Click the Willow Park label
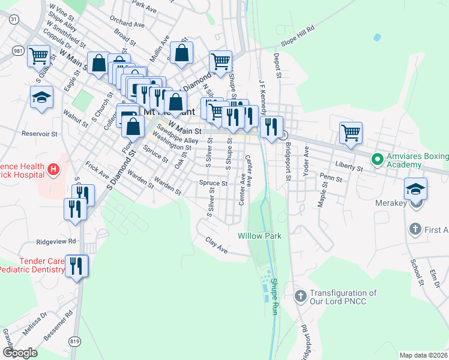(x=259, y=236)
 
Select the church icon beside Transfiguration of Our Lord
(x=301, y=296)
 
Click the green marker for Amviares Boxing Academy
(x=377, y=160)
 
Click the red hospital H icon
(x=54, y=169)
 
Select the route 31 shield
(x=13, y=20)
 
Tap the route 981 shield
(x=17, y=51)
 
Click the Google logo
(x=20, y=353)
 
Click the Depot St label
(x=277, y=66)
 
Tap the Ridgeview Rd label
(x=57, y=241)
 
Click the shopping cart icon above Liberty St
(x=351, y=133)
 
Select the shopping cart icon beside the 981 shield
(x=39, y=56)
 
